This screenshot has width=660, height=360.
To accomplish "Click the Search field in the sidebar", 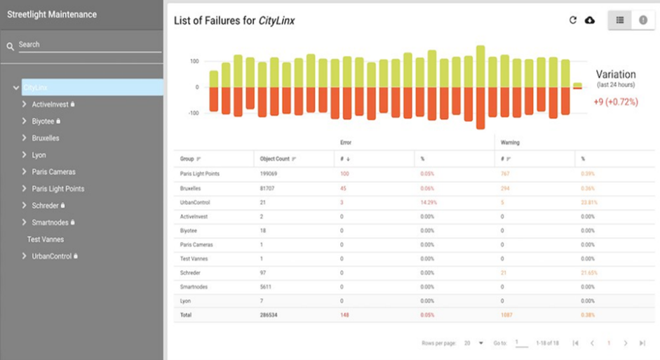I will click(88, 45).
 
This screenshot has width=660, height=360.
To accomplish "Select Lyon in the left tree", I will click(39, 155).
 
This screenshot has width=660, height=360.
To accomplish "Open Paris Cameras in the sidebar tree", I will click(53, 172).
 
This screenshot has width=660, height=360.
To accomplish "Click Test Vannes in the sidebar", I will click(46, 239).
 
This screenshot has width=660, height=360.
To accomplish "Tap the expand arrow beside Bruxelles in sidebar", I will click(25, 138).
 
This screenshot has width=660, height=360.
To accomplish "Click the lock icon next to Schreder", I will click(63, 206).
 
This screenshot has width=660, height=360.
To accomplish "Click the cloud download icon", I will click(590, 20).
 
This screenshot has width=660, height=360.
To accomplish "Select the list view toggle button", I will click(619, 20).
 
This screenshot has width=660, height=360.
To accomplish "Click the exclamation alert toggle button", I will click(642, 20).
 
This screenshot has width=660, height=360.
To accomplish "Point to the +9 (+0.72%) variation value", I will click(615, 102).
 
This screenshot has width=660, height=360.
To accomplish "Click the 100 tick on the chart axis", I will click(194, 62).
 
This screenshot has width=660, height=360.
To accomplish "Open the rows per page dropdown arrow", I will click(481, 343).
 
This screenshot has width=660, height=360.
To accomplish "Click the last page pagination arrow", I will click(642, 343).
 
